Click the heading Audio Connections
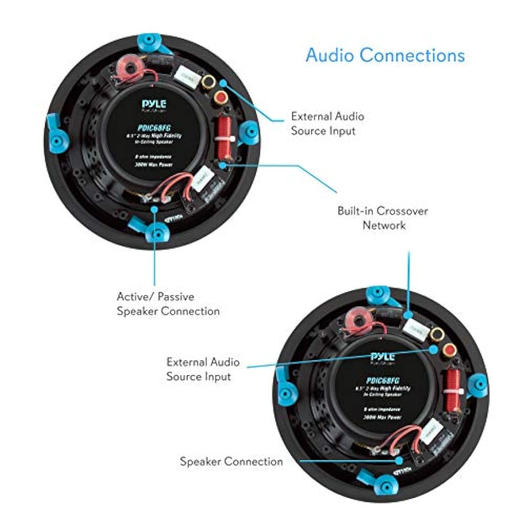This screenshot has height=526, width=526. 385,55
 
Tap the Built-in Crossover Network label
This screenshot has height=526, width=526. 383,218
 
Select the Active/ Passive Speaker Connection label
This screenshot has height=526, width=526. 168,304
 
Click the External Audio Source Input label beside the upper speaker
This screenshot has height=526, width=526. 327,123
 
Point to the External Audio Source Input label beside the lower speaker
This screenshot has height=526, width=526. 203,369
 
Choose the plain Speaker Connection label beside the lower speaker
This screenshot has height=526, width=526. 231,461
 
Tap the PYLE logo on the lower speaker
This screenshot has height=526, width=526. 383,356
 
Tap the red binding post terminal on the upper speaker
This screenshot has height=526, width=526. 222,99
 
